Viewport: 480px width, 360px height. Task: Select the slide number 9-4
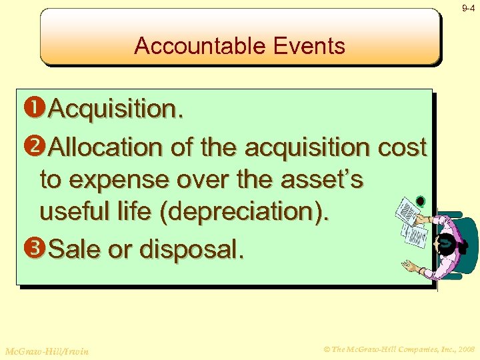click(x=468, y=8)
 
